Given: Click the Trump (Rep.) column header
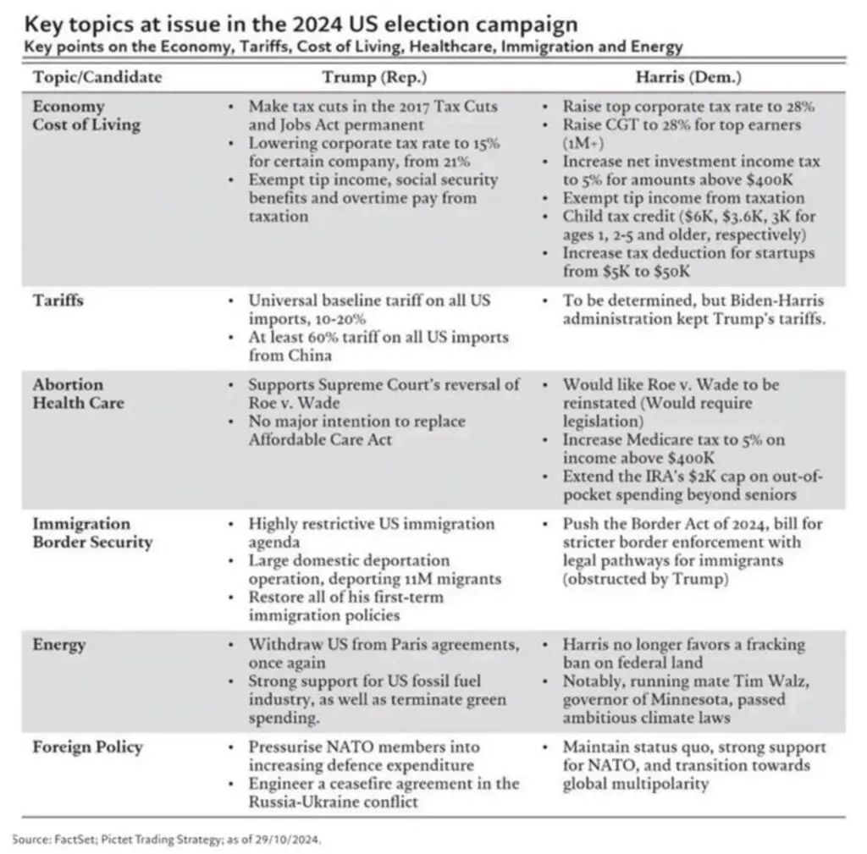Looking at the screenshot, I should [x=374, y=77].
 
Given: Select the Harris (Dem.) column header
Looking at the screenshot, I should [x=688, y=77].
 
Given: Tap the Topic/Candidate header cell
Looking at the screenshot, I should [x=97, y=77].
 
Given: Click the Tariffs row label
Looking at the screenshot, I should [x=58, y=300].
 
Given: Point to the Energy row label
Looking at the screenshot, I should [x=58, y=645].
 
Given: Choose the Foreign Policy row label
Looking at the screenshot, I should [x=87, y=747].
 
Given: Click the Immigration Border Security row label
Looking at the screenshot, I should [x=92, y=532].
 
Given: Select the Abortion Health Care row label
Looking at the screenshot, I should [x=78, y=394].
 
